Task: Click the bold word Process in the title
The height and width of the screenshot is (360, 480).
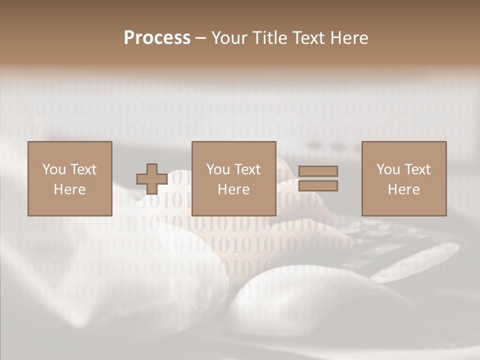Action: click(157, 38)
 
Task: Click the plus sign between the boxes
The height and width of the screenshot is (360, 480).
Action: click(152, 179)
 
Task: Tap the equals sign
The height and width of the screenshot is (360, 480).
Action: click(318, 178)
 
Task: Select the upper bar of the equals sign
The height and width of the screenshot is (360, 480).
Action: click(318, 171)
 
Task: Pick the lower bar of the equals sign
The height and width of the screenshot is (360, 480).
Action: click(318, 185)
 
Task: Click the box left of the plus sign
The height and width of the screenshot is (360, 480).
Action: click(70, 178)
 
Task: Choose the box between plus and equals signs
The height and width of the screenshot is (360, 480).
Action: click(234, 178)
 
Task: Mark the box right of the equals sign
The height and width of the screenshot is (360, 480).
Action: click(404, 178)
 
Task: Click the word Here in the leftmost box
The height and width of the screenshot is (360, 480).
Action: click(70, 189)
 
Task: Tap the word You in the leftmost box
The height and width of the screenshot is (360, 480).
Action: click(54, 169)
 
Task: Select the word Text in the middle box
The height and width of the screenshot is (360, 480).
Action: click(246, 169)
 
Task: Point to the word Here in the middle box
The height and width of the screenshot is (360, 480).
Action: click(234, 189)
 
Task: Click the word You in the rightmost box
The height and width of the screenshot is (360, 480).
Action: click(388, 169)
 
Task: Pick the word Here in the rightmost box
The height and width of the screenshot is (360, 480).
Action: click(404, 189)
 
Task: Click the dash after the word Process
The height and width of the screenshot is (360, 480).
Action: click(201, 38)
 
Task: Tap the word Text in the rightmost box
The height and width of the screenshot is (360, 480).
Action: click(416, 169)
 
